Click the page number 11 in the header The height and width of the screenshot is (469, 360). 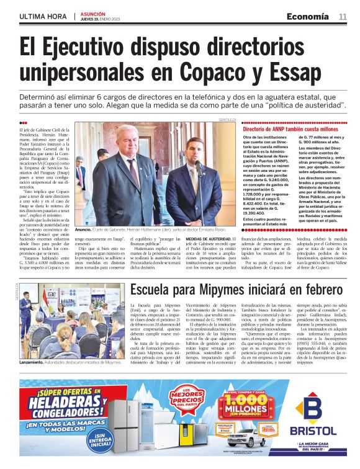(343, 16)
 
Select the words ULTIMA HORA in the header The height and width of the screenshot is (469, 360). (43, 16)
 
